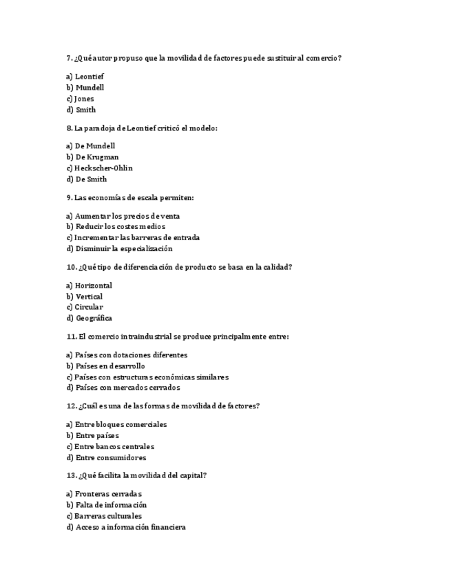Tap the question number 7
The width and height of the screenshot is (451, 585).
[x=69, y=58]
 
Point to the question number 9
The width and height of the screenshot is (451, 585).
[x=69, y=198]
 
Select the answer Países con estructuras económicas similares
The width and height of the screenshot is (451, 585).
[x=147, y=377]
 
